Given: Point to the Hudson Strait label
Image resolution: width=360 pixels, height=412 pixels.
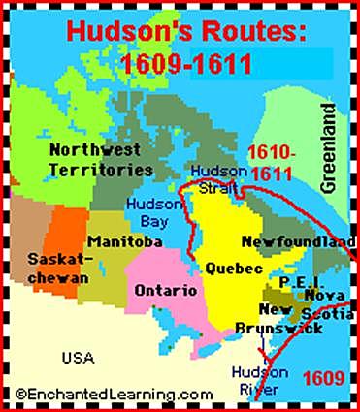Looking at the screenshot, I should click(x=218, y=177).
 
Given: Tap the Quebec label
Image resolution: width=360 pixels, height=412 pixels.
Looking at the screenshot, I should click(x=230, y=267).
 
